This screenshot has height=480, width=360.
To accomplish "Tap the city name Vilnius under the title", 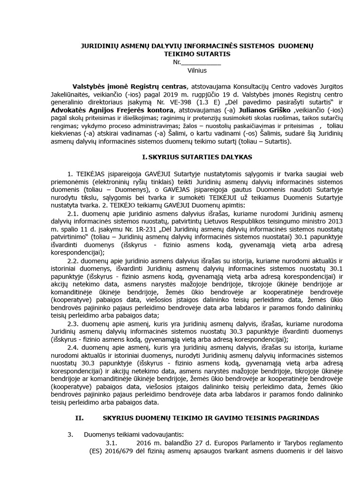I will click(197, 70).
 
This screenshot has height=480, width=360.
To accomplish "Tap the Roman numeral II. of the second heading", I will click(79, 417).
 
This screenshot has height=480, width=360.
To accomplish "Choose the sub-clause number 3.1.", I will click(111, 443).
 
